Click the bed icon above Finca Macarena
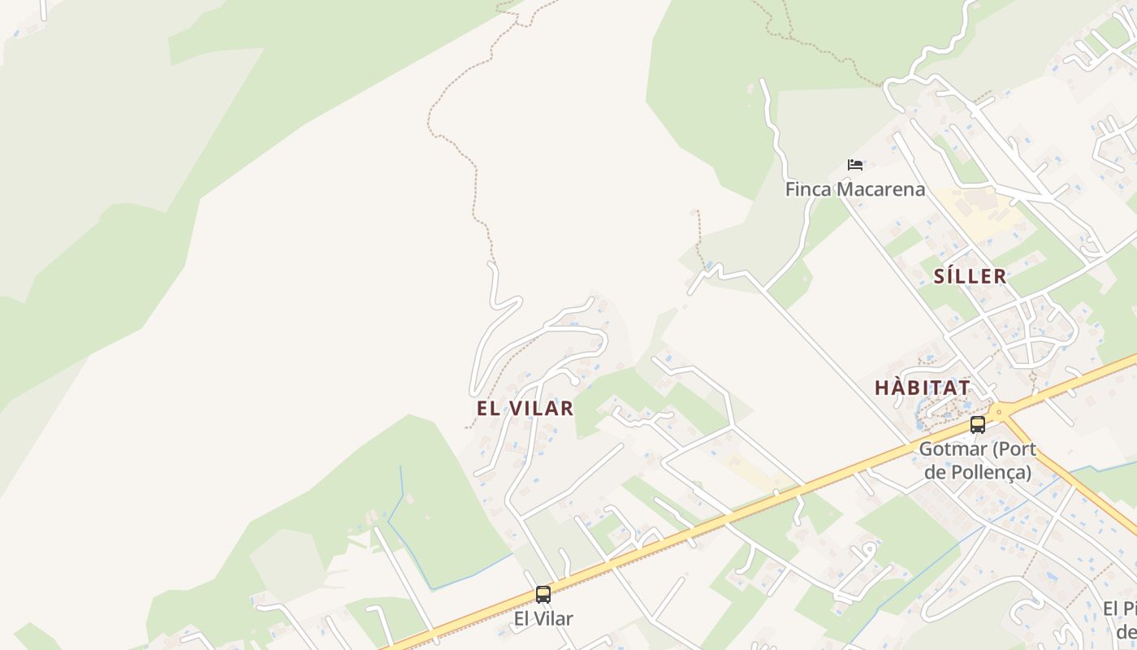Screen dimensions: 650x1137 pos(854,164)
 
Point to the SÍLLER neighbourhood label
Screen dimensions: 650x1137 pos(970,276)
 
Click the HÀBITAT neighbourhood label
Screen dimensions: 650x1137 pos(923,388)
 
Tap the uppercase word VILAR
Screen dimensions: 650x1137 pos(540,408)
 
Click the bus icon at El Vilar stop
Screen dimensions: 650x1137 pos(543,595)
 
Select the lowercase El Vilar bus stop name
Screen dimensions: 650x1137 pos(543,618)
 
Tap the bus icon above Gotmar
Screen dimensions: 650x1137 pos(978,424)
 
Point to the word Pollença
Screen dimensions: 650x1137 pos(989,471)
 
